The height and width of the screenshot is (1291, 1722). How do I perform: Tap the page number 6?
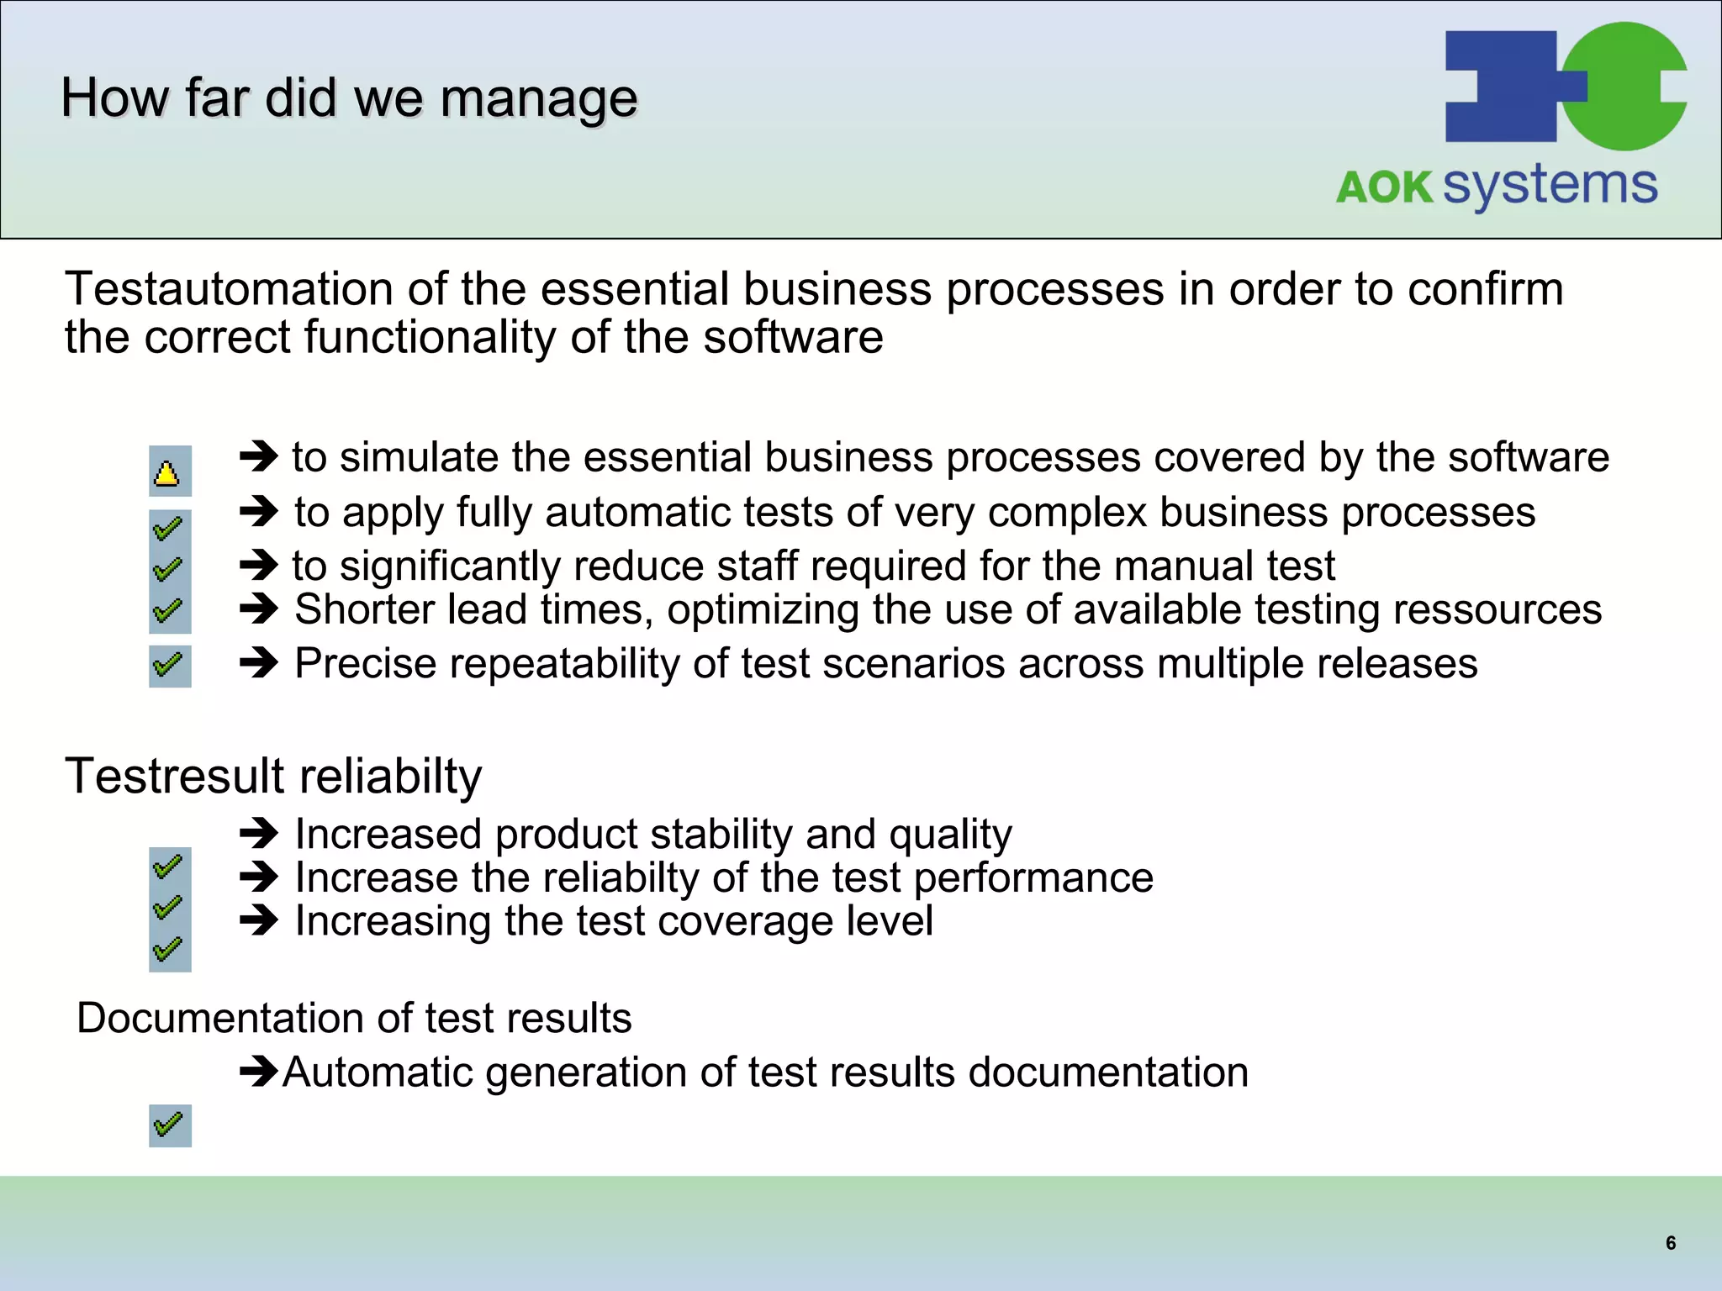click(x=1671, y=1243)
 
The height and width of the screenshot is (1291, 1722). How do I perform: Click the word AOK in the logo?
click(x=1384, y=187)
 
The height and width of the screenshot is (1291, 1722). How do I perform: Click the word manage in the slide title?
click(x=539, y=98)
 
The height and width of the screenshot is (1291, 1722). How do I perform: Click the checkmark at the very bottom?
click(x=169, y=1125)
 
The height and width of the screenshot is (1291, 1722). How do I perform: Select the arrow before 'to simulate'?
click(x=259, y=457)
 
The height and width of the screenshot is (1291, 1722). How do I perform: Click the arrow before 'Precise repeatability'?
click(x=259, y=663)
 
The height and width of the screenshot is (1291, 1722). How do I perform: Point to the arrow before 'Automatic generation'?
click(x=259, y=1072)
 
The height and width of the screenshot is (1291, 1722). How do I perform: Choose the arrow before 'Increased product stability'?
click(x=259, y=834)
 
